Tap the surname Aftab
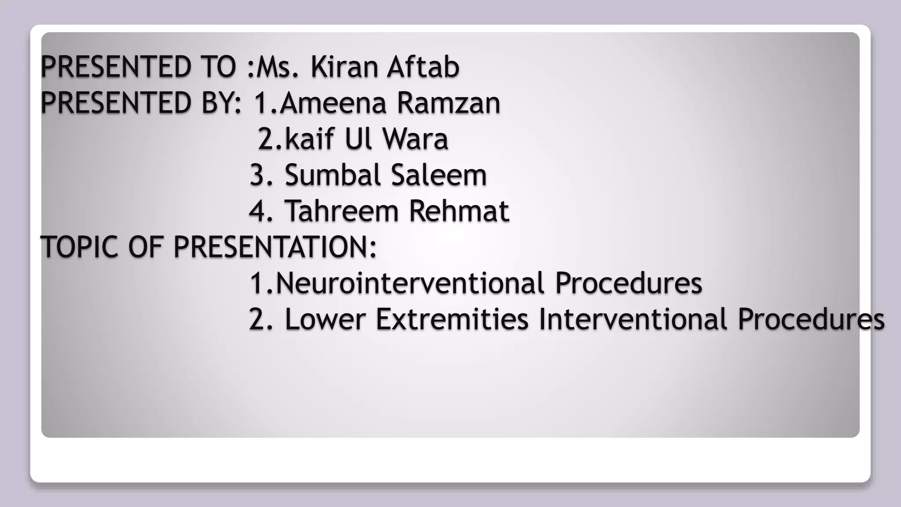[x=423, y=67]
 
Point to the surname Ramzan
[x=448, y=103]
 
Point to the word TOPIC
[x=79, y=247]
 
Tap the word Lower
[x=325, y=319]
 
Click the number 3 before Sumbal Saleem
[x=257, y=175]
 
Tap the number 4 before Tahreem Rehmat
[x=257, y=211]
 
